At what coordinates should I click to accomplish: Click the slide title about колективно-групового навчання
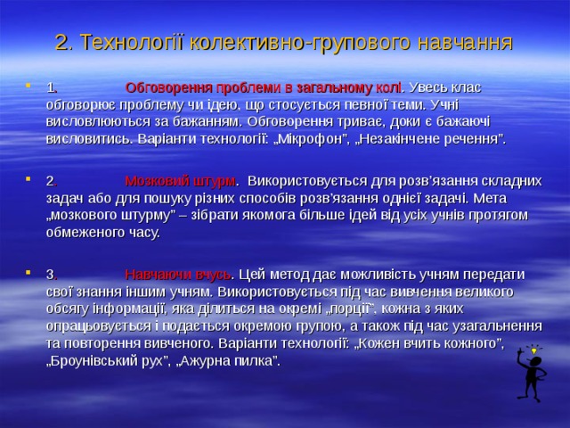tap(284, 42)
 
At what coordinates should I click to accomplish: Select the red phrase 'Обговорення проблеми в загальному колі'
tap(265, 87)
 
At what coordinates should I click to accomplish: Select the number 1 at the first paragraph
tap(51, 88)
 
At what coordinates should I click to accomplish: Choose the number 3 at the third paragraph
tap(51, 275)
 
